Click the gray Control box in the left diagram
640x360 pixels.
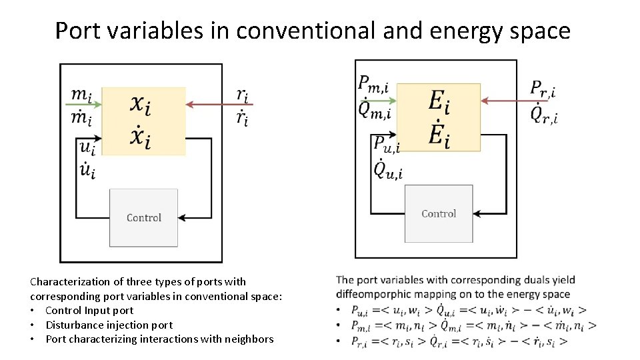coord(143,217)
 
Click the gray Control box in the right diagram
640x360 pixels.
coord(439,213)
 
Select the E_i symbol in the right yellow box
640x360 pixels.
coord(439,101)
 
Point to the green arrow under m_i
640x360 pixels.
coord(84,105)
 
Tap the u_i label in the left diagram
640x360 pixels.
coord(87,147)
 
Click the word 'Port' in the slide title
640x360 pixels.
coord(77,31)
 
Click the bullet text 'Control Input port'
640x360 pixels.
coord(89,310)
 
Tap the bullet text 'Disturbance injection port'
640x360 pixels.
coord(109,325)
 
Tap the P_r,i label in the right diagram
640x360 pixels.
coord(543,88)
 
